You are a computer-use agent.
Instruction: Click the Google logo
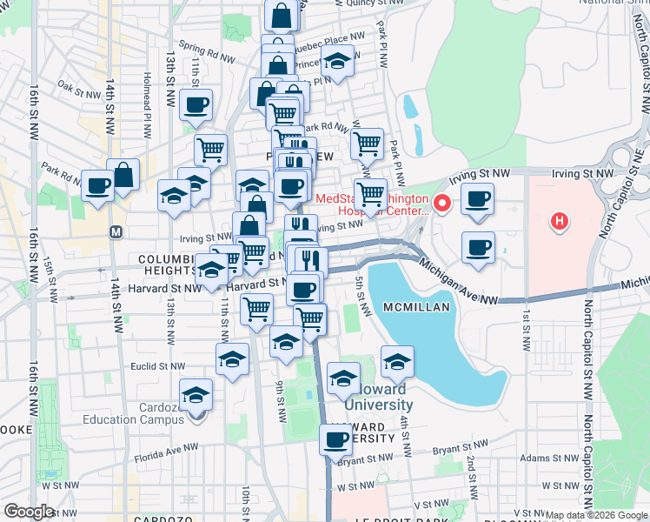[29, 512]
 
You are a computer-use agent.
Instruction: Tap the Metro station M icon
[116, 232]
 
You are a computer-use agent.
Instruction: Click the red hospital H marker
[560, 222]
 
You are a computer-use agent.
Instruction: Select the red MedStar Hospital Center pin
[442, 204]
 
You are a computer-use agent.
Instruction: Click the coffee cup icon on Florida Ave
[336, 440]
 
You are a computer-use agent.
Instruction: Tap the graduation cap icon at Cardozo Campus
[196, 396]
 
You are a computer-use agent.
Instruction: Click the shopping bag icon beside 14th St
[123, 174]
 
